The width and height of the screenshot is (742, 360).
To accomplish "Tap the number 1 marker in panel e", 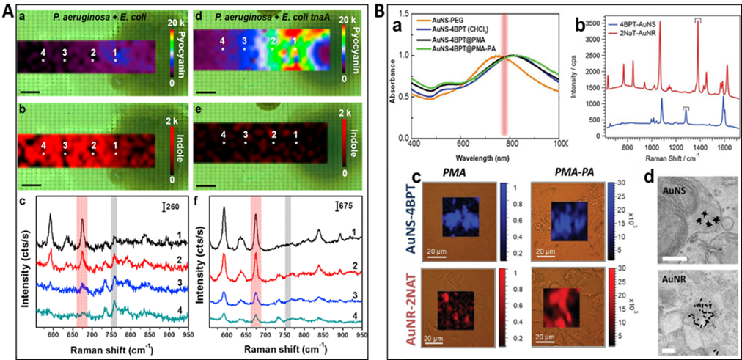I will (x=295, y=144).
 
